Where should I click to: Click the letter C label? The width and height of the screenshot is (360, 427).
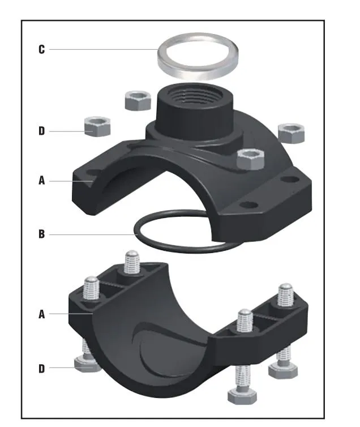[x=41, y=49]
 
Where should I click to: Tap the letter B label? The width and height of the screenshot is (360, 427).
[x=41, y=233]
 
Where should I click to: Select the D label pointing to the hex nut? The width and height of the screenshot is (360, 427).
[x=41, y=131]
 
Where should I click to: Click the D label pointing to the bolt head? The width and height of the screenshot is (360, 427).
[x=41, y=369]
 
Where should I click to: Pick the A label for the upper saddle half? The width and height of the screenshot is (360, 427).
[x=41, y=181]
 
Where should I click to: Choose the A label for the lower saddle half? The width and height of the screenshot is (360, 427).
[x=41, y=314]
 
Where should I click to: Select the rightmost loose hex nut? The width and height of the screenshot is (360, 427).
[x=292, y=132]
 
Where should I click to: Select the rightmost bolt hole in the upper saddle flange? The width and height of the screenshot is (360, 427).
[x=290, y=180]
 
